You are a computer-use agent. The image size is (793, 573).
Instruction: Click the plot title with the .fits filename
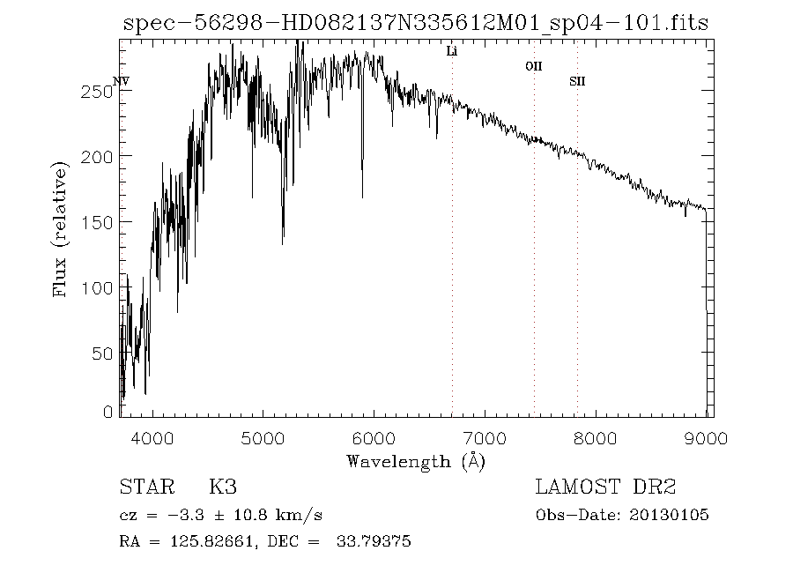[415, 24]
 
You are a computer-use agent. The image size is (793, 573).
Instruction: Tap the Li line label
[452, 52]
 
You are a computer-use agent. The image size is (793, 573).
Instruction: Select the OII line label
[533, 66]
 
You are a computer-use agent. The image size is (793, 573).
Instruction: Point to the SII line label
[577, 82]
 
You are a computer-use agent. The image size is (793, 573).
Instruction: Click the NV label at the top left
[122, 82]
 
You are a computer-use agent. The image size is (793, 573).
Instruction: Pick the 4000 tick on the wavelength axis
[152, 436]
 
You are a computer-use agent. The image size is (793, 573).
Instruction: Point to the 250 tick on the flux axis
[99, 91]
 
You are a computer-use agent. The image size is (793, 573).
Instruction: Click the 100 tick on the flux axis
[99, 287]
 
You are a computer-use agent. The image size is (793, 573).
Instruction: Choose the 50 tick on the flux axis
[103, 353]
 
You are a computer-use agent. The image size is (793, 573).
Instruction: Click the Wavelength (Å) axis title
[415, 460]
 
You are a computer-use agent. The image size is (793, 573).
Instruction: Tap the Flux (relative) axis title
[61, 228]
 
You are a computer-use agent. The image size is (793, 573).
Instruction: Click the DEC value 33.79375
[374, 542]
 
